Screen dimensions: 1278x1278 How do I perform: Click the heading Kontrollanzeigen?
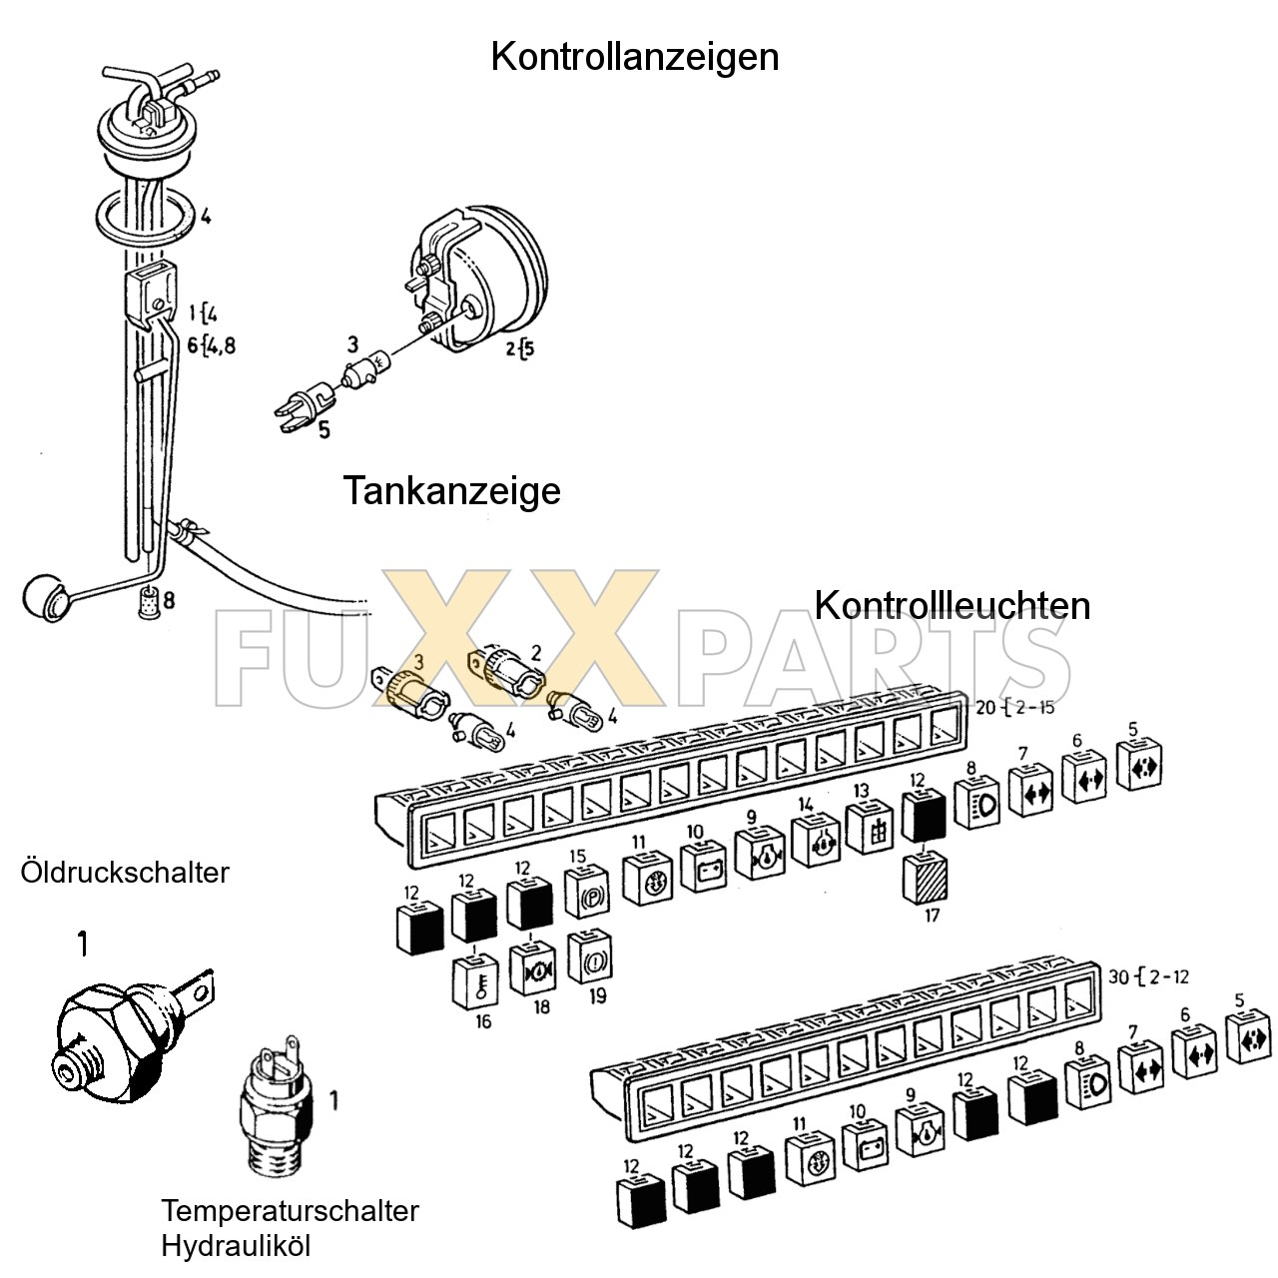[x=634, y=57]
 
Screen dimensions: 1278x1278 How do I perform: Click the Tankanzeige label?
[x=451, y=491]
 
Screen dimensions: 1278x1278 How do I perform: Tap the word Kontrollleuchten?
[x=952, y=605]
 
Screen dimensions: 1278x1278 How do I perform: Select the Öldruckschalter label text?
[x=125, y=873]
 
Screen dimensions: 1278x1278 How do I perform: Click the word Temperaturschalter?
[x=290, y=1211]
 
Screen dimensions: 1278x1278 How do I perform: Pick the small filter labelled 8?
[x=148, y=602]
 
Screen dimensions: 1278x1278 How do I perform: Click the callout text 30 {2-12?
[x=1148, y=975]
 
